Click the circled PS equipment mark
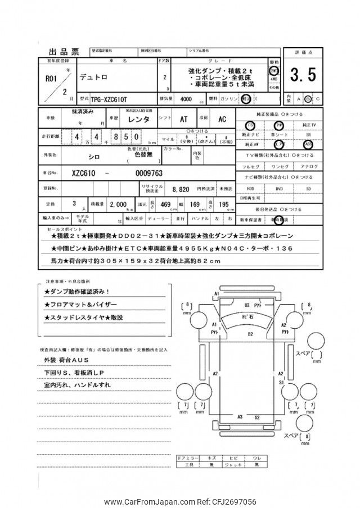click(250, 125)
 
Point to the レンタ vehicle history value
click(138, 119)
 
